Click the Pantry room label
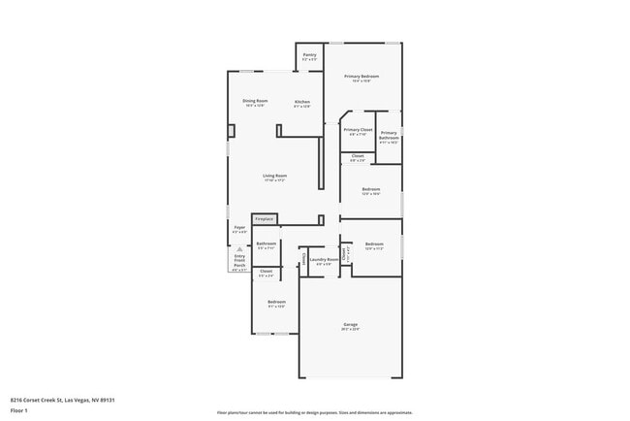pos(309,57)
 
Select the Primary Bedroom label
pos(362,78)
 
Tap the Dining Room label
pos(255,103)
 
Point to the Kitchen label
pos(302,103)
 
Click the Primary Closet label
pos(358,131)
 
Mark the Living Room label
pos(274,178)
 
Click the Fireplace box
pos(264,219)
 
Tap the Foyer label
pos(239,229)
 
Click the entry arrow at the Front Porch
pos(239,249)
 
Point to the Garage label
pos(350,326)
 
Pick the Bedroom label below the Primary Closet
pos(370,190)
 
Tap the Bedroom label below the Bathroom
pos(276,304)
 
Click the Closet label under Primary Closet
pos(358,157)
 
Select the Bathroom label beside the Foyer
pos(267,244)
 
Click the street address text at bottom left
pos(56,399)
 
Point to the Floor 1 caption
pos(19,410)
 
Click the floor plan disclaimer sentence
pos(315,411)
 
